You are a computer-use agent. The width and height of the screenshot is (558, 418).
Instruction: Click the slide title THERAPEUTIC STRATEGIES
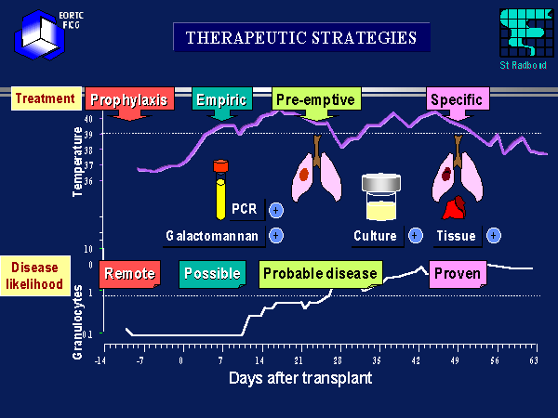tap(300, 38)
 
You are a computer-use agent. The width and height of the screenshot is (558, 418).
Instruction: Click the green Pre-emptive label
tap(315, 99)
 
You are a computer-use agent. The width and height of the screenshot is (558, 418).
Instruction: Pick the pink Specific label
tap(458, 99)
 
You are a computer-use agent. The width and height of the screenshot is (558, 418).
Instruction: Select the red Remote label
tap(129, 273)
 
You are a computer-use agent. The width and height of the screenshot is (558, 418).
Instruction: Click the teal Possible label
tap(212, 273)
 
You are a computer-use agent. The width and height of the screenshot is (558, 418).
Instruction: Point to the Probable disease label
tap(320, 273)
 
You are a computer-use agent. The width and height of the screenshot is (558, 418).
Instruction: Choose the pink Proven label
tap(456, 273)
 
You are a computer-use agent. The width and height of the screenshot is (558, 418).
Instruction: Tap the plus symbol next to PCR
tap(276, 210)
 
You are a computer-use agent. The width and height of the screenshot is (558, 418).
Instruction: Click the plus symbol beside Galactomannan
tap(276, 235)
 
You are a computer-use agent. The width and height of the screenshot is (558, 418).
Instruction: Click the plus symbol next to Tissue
tap(494, 235)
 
